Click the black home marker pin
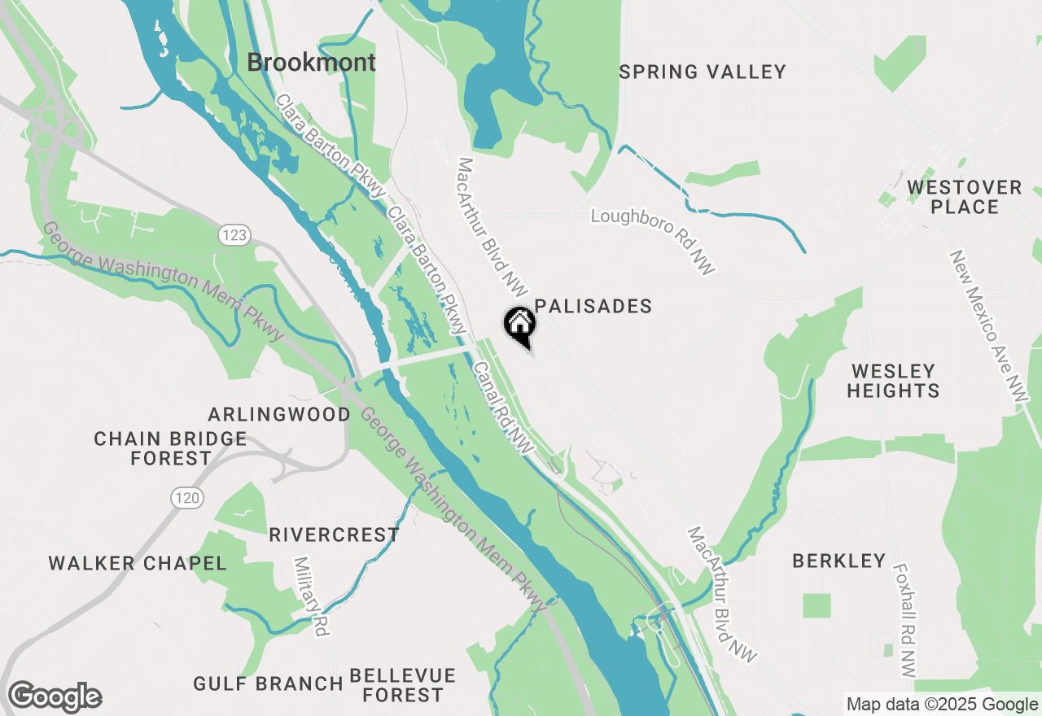(520, 326)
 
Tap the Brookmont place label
(311, 63)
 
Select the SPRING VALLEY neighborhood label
(703, 72)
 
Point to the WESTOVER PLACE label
(964, 197)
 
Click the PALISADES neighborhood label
(593, 306)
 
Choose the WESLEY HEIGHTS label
(893, 381)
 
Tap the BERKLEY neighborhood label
(838, 561)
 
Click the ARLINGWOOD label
(279, 414)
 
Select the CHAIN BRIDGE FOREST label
(170, 448)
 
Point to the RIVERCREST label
(334, 535)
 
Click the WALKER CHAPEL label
(138, 563)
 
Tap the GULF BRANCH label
(268, 683)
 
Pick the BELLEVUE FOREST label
(403, 685)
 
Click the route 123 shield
(233, 235)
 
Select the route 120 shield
(187, 497)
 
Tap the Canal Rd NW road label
(502, 408)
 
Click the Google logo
(55, 697)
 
